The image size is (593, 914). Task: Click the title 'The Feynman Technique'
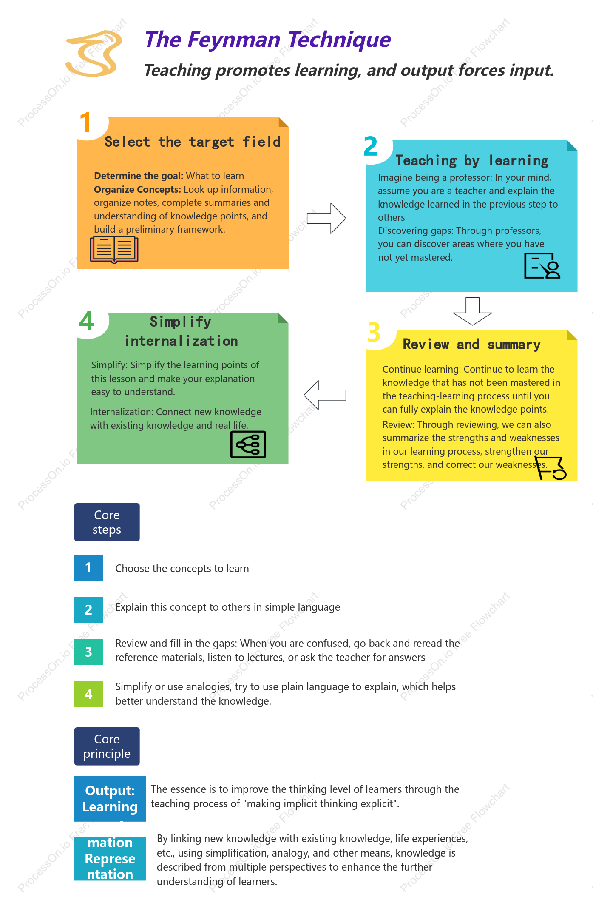(x=267, y=40)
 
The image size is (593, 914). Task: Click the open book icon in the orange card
(x=114, y=249)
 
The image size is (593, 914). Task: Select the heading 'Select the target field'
(x=193, y=142)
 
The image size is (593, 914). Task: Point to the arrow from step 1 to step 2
(x=326, y=218)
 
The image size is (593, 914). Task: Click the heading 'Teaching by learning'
(x=472, y=161)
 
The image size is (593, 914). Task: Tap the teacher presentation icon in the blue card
(x=542, y=266)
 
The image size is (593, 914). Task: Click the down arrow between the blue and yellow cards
(x=472, y=311)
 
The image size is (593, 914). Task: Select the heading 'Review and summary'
(x=471, y=344)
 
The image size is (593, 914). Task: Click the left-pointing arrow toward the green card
(x=325, y=395)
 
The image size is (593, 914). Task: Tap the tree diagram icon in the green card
(x=248, y=444)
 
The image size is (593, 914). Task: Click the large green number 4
(x=87, y=321)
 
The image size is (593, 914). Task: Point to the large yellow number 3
(x=374, y=332)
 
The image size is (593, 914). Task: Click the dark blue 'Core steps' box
(x=107, y=522)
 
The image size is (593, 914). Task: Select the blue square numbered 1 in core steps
(x=88, y=568)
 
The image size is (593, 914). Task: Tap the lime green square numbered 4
(x=88, y=694)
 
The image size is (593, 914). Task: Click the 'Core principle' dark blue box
(x=107, y=746)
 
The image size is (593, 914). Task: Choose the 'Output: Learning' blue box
(x=110, y=799)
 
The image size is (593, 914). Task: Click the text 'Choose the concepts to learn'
(x=182, y=569)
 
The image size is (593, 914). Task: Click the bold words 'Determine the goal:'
(x=139, y=176)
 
